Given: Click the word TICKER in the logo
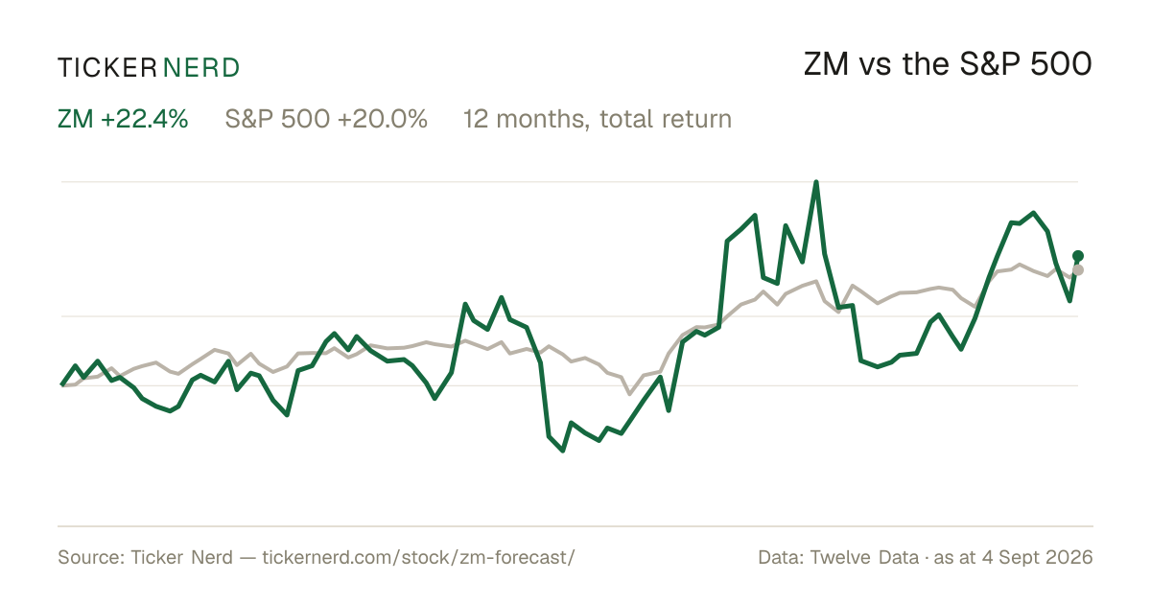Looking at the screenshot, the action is click(x=106, y=68).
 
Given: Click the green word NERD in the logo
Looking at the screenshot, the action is click(x=200, y=68).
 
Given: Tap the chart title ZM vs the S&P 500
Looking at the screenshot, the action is click(x=948, y=64).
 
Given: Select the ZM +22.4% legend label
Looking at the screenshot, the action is click(x=123, y=119).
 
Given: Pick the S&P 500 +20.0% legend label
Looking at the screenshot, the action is click(x=326, y=119).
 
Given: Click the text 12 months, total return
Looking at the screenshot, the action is click(x=597, y=120).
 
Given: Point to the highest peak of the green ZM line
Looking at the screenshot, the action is click(x=816, y=182).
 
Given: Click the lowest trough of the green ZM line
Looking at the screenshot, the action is click(x=563, y=451).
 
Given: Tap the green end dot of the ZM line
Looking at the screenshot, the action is click(x=1078, y=256).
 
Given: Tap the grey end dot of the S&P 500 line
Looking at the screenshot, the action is click(x=1078, y=270).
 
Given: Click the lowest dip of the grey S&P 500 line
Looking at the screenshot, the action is click(x=630, y=393).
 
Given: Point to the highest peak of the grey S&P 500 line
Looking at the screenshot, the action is click(x=1020, y=265).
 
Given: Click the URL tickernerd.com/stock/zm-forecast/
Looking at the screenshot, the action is click(x=418, y=557).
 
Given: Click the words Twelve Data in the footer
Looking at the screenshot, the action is click(x=864, y=557).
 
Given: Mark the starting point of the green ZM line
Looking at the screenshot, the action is click(x=62, y=384).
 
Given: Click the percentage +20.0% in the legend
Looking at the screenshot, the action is click(x=383, y=119).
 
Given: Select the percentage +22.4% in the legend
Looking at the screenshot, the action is click(x=145, y=119).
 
